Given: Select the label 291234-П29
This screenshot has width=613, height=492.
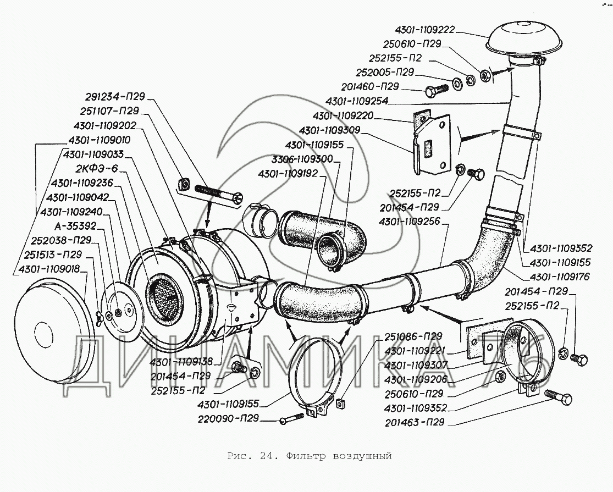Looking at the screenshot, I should pyautogui.click(x=115, y=97).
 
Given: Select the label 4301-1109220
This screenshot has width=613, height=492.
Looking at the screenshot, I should pyautogui.click(x=343, y=117).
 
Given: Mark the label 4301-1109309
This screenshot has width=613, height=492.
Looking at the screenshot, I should pyautogui.click(x=329, y=131).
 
